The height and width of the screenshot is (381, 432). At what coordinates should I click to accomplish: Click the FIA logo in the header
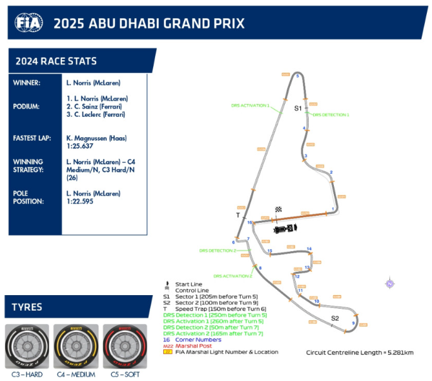(29, 23)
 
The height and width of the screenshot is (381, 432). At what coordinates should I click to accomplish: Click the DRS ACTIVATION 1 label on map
(250, 105)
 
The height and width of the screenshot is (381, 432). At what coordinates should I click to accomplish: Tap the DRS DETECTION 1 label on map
(331, 114)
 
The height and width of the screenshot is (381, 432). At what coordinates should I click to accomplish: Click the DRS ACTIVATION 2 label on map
(232, 275)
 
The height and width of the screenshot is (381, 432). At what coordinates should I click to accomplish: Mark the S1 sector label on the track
(298, 108)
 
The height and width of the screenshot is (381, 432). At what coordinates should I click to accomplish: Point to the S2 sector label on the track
(335, 318)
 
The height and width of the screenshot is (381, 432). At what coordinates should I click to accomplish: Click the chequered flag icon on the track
(278, 209)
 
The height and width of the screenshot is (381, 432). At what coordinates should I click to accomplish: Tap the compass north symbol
(389, 283)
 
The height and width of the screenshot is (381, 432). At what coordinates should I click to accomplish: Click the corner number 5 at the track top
(297, 76)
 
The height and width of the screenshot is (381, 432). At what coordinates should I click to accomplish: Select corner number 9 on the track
(353, 323)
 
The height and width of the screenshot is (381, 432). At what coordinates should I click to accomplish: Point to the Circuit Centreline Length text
(359, 353)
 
